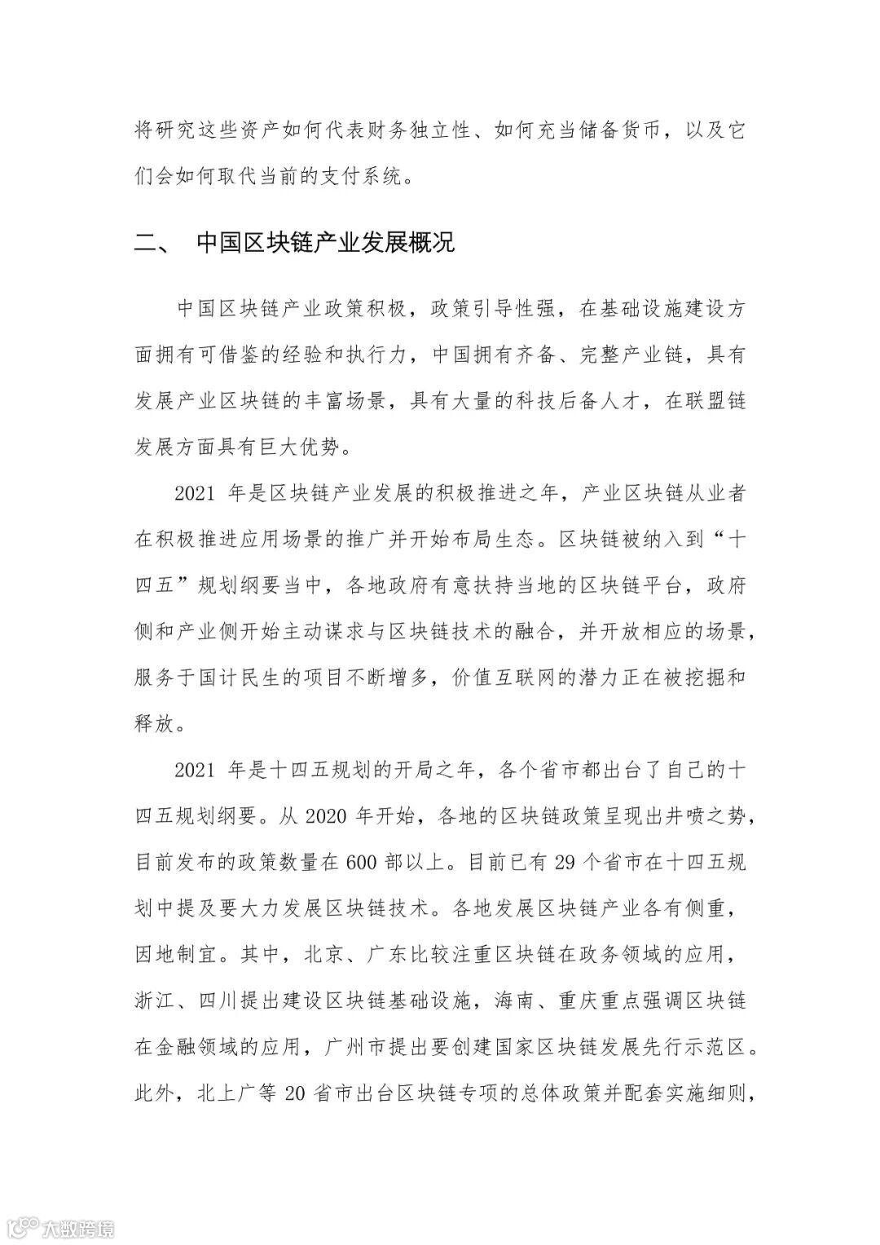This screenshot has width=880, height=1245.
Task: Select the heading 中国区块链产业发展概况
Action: [x=325, y=244]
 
